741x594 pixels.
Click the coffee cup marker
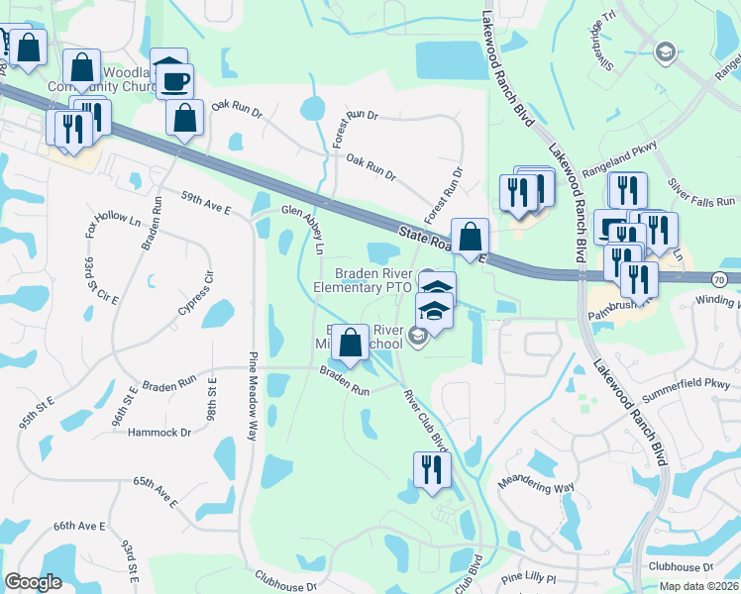pos(176,81)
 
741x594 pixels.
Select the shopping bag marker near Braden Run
pos(350,344)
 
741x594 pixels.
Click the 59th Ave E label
pos(205,204)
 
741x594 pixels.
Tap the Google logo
pos(34,582)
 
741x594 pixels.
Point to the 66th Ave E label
pos(79,526)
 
